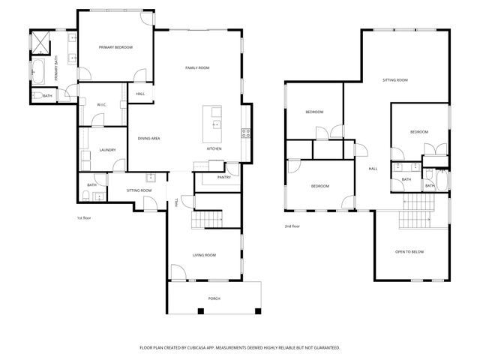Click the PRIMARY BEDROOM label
coord(115,47)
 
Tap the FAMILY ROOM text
coord(197,68)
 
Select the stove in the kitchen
coord(244,133)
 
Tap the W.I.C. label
coord(101,104)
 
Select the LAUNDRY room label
coord(107,150)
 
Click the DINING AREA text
coord(148,138)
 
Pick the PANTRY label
coord(223,178)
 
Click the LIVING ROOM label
coord(204,256)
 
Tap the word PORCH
coord(214,298)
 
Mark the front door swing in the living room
coord(178,272)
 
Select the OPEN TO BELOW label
coord(409,251)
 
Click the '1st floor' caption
coord(84,218)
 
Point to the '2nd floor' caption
coord(292,226)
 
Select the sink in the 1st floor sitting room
coord(151,178)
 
